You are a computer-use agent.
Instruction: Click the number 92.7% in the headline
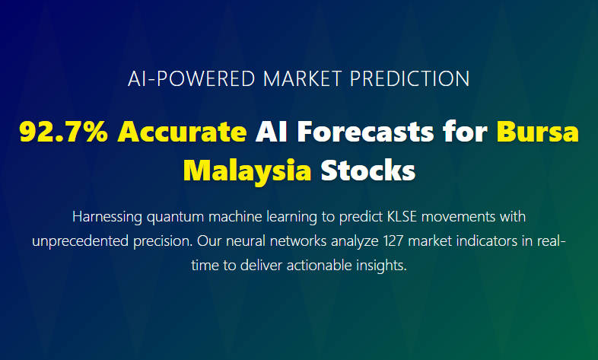[x=64, y=132]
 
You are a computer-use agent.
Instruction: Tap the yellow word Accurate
[x=183, y=132]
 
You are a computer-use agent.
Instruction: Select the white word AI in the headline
[x=271, y=132]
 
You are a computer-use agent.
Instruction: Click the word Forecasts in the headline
[x=365, y=132]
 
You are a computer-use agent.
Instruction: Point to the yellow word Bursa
[x=538, y=132]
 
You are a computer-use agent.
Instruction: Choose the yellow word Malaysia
[x=247, y=170]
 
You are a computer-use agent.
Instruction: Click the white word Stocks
[x=368, y=170]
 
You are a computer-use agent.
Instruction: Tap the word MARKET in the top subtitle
[x=302, y=79]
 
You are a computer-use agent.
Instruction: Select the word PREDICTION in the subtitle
[x=409, y=79]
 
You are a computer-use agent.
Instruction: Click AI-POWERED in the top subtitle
[x=192, y=79]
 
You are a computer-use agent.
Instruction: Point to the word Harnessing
[x=107, y=217]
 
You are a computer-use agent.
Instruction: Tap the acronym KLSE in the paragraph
[x=402, y=217]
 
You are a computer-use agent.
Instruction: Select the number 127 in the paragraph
[x=393, y=241]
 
